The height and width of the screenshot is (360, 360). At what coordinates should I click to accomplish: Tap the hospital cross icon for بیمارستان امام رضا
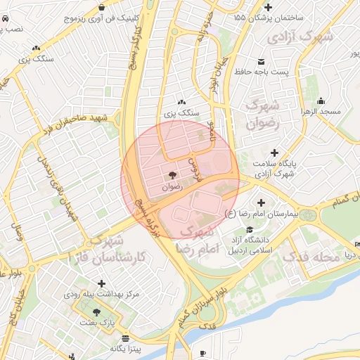262,202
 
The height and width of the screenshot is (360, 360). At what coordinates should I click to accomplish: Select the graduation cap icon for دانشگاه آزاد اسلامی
250,230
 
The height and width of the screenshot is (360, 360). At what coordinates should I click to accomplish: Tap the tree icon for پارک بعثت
96,312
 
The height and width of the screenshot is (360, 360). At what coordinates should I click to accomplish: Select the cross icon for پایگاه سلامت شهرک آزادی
274,153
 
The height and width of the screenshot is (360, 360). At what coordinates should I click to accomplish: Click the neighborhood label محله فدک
311,257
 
